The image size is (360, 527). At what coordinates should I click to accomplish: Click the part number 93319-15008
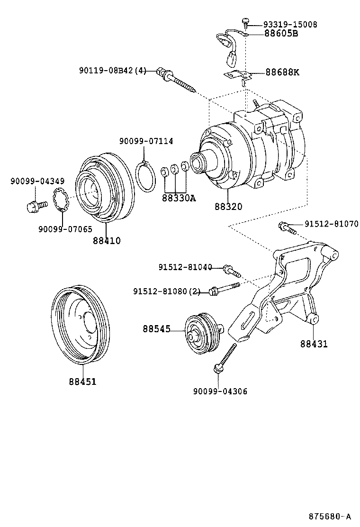click(284, 24)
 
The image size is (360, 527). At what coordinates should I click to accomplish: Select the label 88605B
click(281, 34)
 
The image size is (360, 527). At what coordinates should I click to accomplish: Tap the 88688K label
click(282, 73)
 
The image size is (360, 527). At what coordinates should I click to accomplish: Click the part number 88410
click(107, 241)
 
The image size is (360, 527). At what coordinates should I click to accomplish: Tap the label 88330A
click(179, 198)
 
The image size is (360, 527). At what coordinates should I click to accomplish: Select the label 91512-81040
click(185, 267)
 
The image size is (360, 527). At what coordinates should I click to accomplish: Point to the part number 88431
click(313, 344)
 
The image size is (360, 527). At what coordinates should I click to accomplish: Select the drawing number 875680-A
click(330, 516)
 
